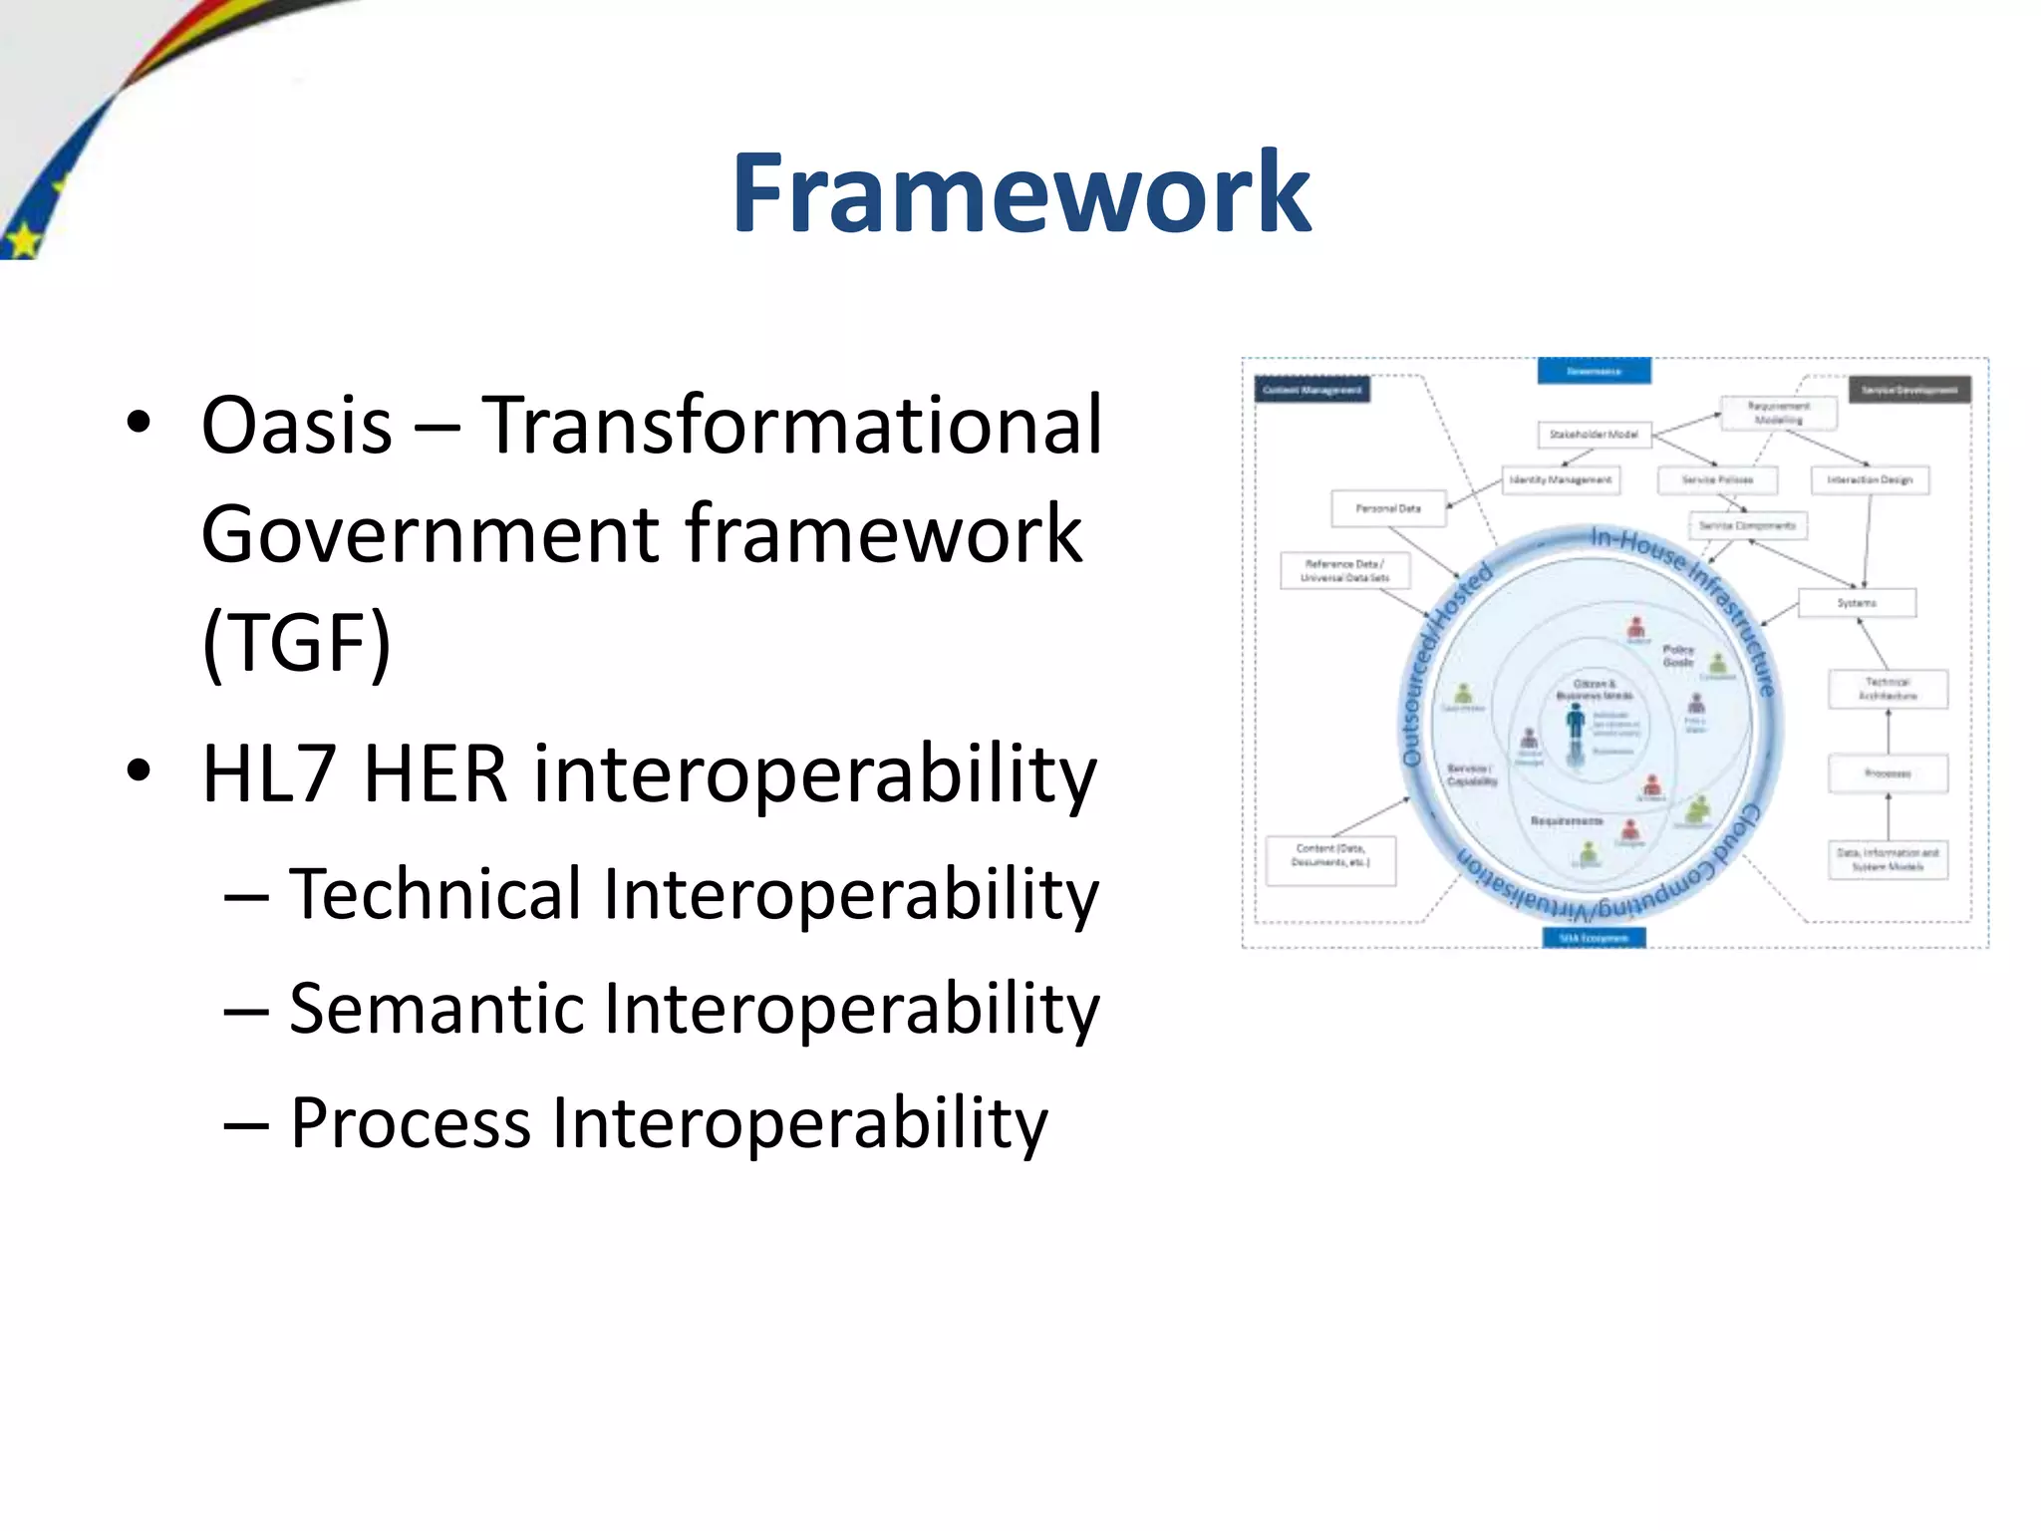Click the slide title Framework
tap(1020, 193)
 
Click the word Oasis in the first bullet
tap(296, 426)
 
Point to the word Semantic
tap(435, 1008)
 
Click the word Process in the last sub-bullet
tap(410, 1123)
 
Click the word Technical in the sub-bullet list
tap(435, 894)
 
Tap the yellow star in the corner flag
tap(22, 240)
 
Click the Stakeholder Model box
tap(1594, 434)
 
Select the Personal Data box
tap(1387, 508)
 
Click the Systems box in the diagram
tap(1856, 603)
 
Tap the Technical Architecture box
tap(1887, 689)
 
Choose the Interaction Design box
tap(1869, 479)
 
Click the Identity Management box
tap(1560, 479)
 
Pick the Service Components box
tap(1747, 525)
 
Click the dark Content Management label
tap(1312, 390)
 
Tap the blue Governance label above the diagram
tap(1594, 371)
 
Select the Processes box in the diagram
tap(1887, 773)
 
